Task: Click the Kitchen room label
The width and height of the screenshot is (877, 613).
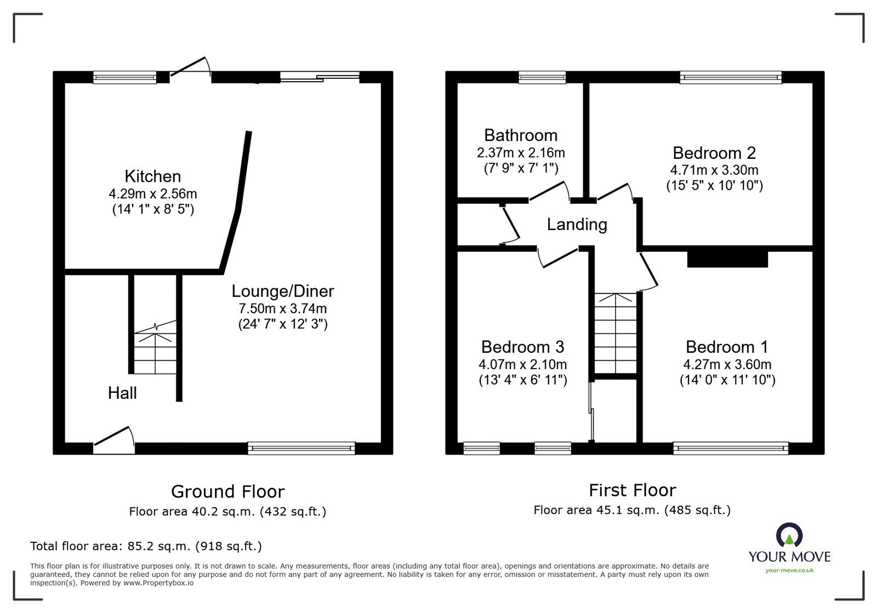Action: [x=152, y=176]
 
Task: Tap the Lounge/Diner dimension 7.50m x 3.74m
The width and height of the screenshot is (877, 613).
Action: [x=282, y=308]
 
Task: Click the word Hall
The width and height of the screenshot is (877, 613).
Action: [x=122, y=393]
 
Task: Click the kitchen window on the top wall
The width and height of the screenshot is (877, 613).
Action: [x=124, y=77]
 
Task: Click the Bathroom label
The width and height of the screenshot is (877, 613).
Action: [x=520, y=135]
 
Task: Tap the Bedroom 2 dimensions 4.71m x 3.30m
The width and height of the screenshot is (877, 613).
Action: [x=714, y=170]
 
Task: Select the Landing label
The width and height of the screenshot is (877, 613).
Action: [x=577, y=225]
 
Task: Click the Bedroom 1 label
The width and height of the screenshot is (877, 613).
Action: [x=726, y=347]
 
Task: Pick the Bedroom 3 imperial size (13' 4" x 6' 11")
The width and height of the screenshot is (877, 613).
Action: [x=522, y=380]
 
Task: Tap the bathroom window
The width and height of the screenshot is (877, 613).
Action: [x=542, y=77]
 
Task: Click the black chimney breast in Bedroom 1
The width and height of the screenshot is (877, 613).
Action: [x=727, y=259]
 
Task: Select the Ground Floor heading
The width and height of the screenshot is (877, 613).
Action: [x=227, y=491]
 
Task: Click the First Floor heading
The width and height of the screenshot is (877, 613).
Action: [x=632, y=490]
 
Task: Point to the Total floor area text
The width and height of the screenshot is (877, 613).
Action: [x=146, y=546]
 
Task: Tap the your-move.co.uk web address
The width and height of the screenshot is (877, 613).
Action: [x=789, y=570]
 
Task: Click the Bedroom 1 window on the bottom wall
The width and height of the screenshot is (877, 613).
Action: [x=731, y=448]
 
